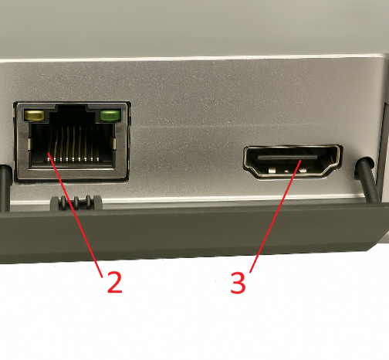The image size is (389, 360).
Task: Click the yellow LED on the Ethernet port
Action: click(x=34, y=115)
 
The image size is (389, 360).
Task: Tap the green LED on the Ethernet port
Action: click(x=110, y=115)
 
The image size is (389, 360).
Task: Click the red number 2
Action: click(x=114, y=282)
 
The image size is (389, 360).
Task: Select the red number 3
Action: click(x=238, y=283)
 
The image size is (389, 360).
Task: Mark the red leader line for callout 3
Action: click(x=276, y=216)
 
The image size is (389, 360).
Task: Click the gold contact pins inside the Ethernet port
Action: click(x=73, y=144)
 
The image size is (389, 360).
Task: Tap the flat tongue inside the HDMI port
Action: click(x=287, y=158)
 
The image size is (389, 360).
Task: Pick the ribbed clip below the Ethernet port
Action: click(x=76, y=202)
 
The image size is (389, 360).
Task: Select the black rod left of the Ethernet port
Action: click(x=5, y=188)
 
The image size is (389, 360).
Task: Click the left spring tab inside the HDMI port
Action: click(x=272, y=171)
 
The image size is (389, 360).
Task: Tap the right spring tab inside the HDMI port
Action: click(x=303, y=170)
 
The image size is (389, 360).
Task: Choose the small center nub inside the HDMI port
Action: click(x=287, y=171)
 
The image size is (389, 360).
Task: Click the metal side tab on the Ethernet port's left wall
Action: click(x=29, y=144)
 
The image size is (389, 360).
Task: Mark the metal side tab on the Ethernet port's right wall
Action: click(x=113, y=144)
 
